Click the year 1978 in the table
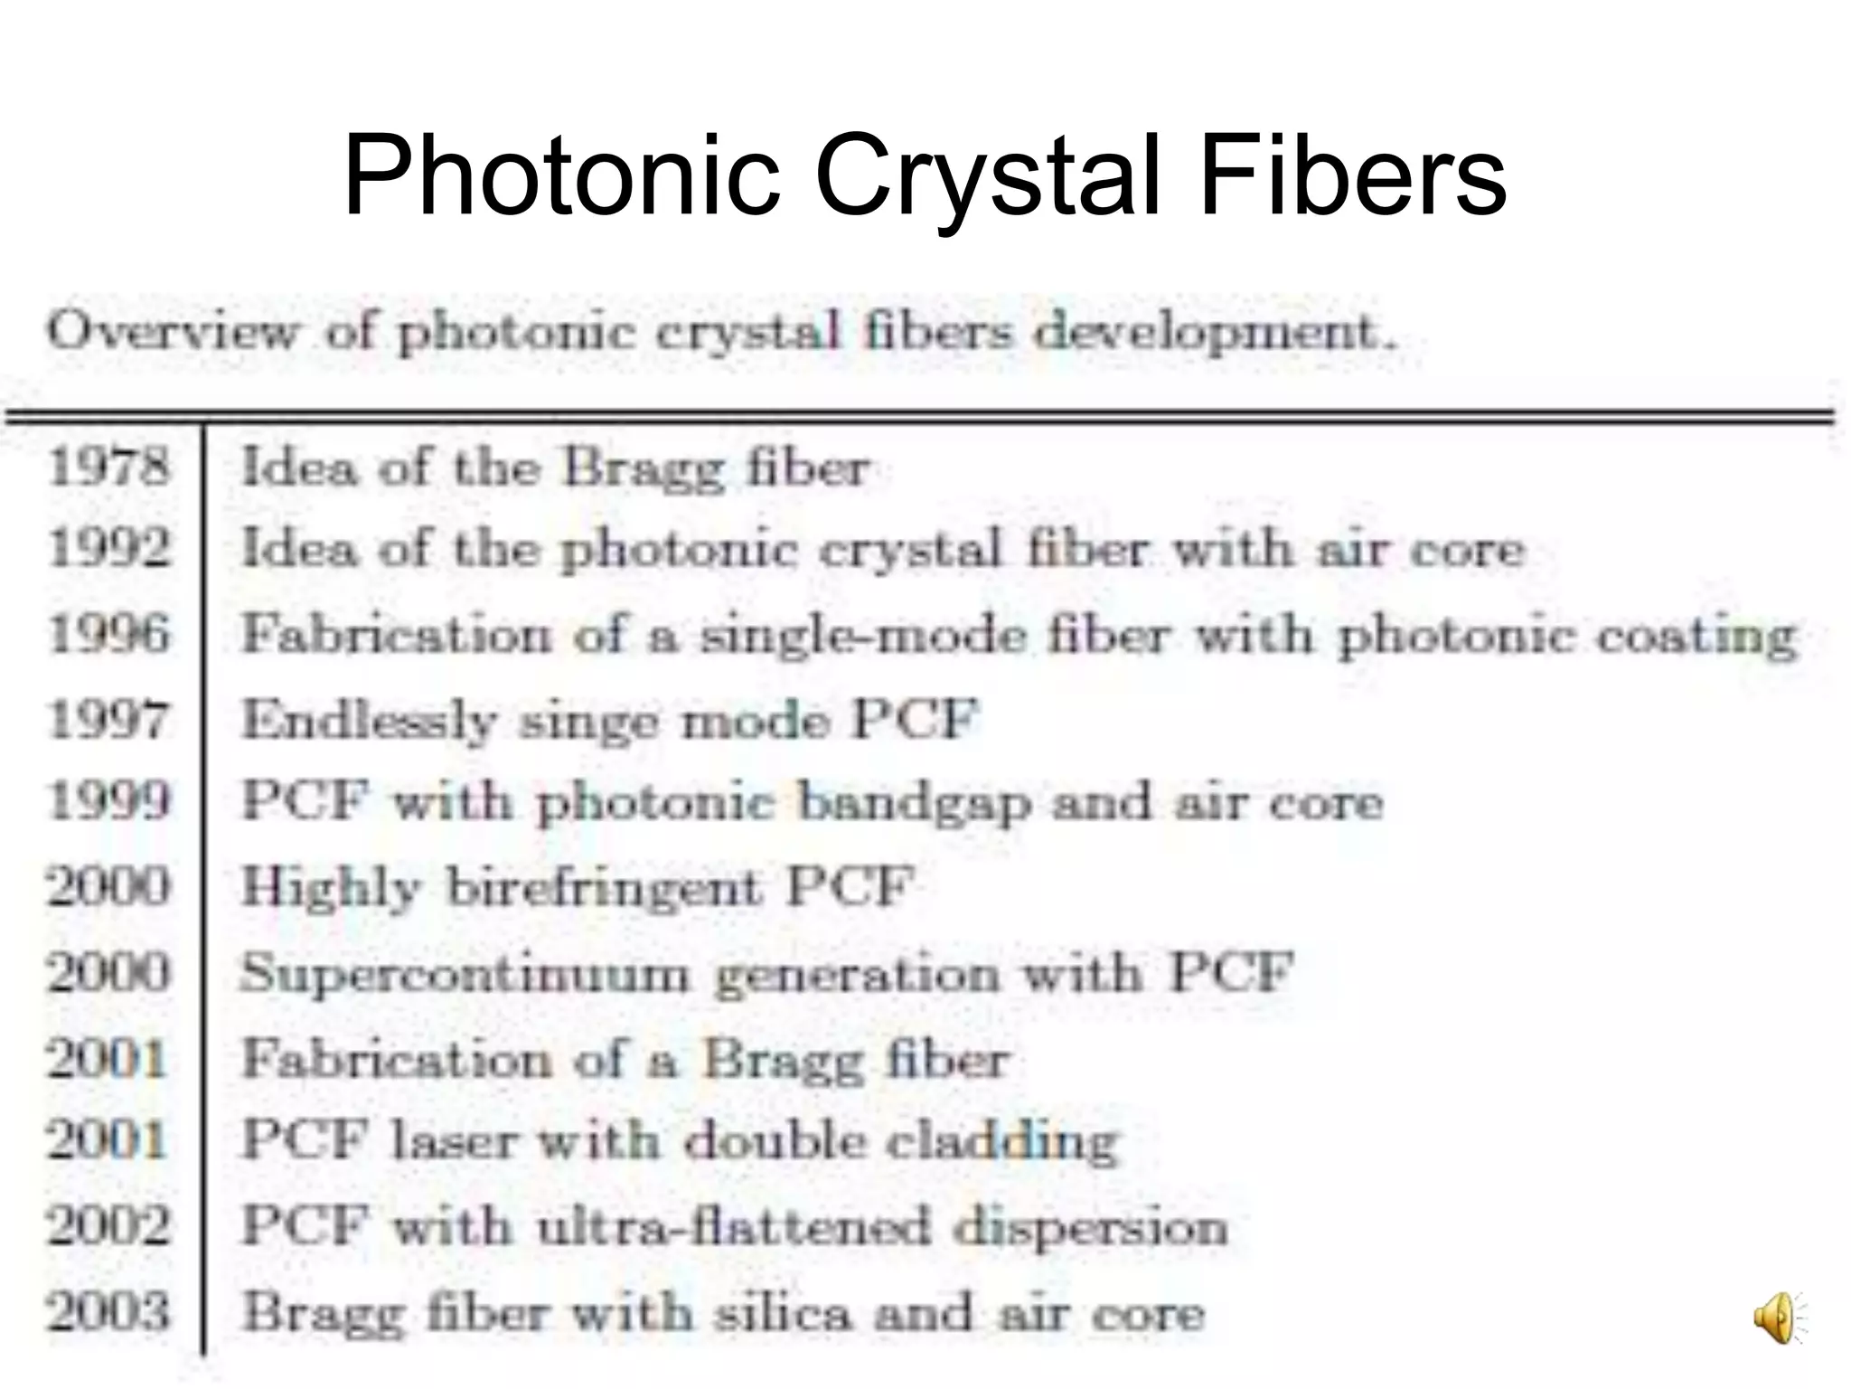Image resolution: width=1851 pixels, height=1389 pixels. [x=108, y=468]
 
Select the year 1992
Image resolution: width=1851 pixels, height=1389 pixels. [x=108, y=549]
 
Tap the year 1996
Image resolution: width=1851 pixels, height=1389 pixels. [x=108, y=634]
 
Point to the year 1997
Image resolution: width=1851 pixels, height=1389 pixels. [x=108, y=720]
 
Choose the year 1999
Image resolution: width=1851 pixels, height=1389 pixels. [x=108, y=801]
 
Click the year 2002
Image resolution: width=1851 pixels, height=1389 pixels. [x=108, y=1227]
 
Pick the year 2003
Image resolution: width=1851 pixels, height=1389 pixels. [x=108, y=1312]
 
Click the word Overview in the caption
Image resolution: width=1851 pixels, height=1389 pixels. [x=172, y=332]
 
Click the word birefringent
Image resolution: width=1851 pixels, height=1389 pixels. [x=604, y=888]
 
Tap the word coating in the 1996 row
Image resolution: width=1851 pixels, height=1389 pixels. [x=1696, y=637]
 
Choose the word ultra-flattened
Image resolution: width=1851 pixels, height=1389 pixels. [x=733, y=1227]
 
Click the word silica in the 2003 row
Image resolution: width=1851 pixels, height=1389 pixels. [x=783, y=1313]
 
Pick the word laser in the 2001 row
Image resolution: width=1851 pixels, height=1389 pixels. [x=454, y=1141]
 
